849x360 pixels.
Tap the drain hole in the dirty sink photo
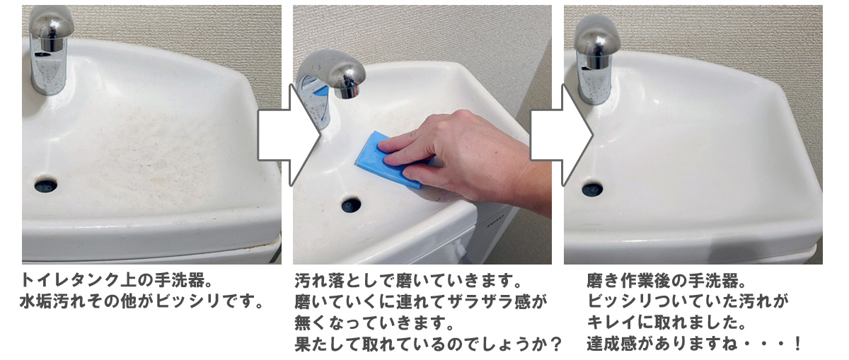[46, 185]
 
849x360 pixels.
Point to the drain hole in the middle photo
[351, 205]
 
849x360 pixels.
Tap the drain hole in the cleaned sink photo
[592, 190]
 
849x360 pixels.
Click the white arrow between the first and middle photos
[289, 135]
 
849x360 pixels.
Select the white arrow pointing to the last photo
[561, 135]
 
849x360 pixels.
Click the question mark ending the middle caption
[555, 344]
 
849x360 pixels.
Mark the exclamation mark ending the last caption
[797, 344]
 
